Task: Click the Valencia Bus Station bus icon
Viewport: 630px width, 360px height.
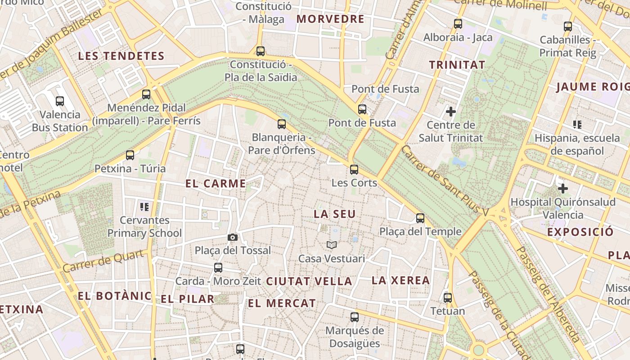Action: [x=60, y=101]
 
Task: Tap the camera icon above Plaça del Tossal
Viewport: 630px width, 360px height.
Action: [x=233, y=237]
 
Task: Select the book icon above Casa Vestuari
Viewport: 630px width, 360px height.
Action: [x=332, y=245]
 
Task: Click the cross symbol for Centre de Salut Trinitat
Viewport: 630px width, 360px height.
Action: [x=450, y=111]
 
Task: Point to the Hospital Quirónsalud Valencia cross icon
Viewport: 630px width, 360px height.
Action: [x=562, y=188]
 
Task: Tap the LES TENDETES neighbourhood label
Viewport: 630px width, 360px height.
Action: [x=121, y=56]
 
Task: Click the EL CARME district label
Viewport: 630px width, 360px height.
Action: [x=216, y=184]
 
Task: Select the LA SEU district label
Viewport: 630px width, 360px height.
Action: [x=335, y=214]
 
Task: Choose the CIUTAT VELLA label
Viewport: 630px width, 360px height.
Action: [x=309, y=281]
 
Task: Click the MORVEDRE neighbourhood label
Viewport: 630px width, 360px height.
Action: [x=330, y=19]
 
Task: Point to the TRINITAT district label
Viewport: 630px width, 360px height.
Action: [x=457, y=65]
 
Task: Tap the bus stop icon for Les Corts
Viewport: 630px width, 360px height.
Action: [x=354, y=170]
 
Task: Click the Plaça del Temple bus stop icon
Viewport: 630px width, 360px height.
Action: [x=420, y=218]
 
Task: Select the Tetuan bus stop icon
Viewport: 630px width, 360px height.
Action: [x=448, y=297]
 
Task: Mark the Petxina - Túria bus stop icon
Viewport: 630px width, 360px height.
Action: [x=130, y=155]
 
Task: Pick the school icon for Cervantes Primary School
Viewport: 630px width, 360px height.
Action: [x=144, y=207]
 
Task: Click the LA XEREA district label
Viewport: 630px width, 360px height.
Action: [x=400, y=280]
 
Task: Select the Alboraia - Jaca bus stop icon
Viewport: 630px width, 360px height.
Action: [x=458, y=24]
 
